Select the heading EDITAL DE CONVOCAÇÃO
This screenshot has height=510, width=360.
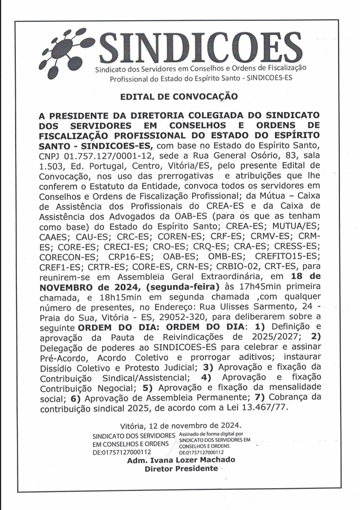(x=179, y=96)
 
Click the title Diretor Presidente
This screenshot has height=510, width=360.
(x=181, y=468)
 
